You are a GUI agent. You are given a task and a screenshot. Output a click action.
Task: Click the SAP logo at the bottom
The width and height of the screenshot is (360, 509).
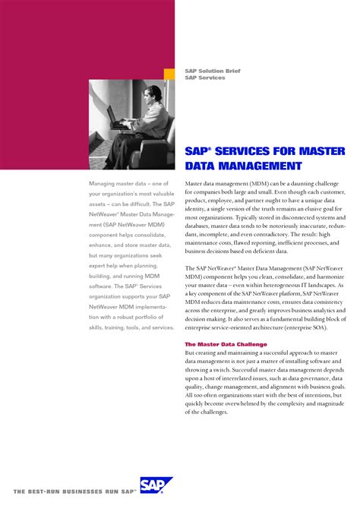(156, 486)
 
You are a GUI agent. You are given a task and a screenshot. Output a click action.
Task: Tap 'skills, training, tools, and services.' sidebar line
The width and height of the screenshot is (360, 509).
(131, 327)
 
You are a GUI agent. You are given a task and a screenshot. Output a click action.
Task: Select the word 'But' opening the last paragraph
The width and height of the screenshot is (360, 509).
(191, 353)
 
